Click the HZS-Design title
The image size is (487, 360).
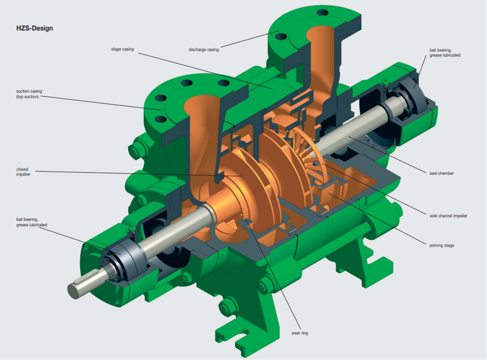click(34, 28)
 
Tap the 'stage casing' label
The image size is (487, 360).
click(122, 49)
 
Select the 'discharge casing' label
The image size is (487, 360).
click(204, 50)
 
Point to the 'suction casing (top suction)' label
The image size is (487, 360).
click(29, 94)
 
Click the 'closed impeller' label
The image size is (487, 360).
click(23, 172)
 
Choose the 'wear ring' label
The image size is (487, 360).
click(300, 333)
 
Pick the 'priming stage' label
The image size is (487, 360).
click(442, 245)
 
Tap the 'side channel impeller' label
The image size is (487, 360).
click(448, 216)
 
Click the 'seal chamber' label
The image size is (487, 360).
click(441, 173)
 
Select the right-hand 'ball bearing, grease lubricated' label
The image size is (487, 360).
click(445, 52)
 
